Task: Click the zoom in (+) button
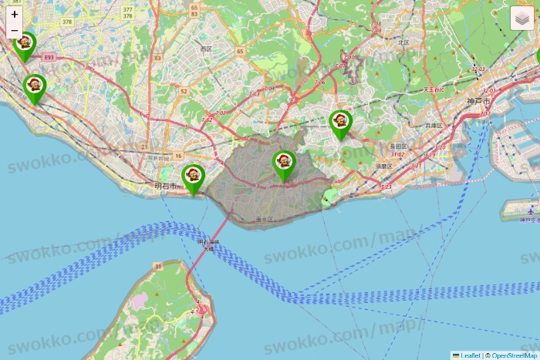(15, 14)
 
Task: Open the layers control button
(522, 17)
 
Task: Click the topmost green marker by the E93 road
(25, 45)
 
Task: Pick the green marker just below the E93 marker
(35, 87)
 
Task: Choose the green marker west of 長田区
(340, 123)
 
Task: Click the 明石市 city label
(165, 187)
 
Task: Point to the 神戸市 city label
(478, 102)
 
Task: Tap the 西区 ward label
(206, 49)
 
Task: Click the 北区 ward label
(403, 43)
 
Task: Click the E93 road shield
(49, 57)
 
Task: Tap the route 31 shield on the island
(158, 266)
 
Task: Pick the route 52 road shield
(184, 91)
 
